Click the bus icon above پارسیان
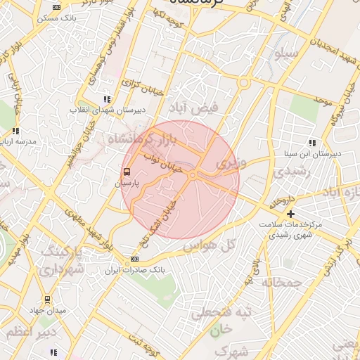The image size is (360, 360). (127, 171)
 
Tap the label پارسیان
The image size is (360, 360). (128, 183)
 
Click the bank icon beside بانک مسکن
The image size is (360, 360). (56, 7)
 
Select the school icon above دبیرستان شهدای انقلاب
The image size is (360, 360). (107, 100)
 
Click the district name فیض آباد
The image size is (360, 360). (194, 107)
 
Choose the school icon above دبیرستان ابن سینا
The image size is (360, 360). (312, 143)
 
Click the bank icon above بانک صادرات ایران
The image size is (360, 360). (135, 259)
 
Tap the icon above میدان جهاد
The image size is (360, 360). (47, 300)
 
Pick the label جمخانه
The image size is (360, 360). (283, 282)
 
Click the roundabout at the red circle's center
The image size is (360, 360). (192, 175)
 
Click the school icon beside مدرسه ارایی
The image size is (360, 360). (15, 131)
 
